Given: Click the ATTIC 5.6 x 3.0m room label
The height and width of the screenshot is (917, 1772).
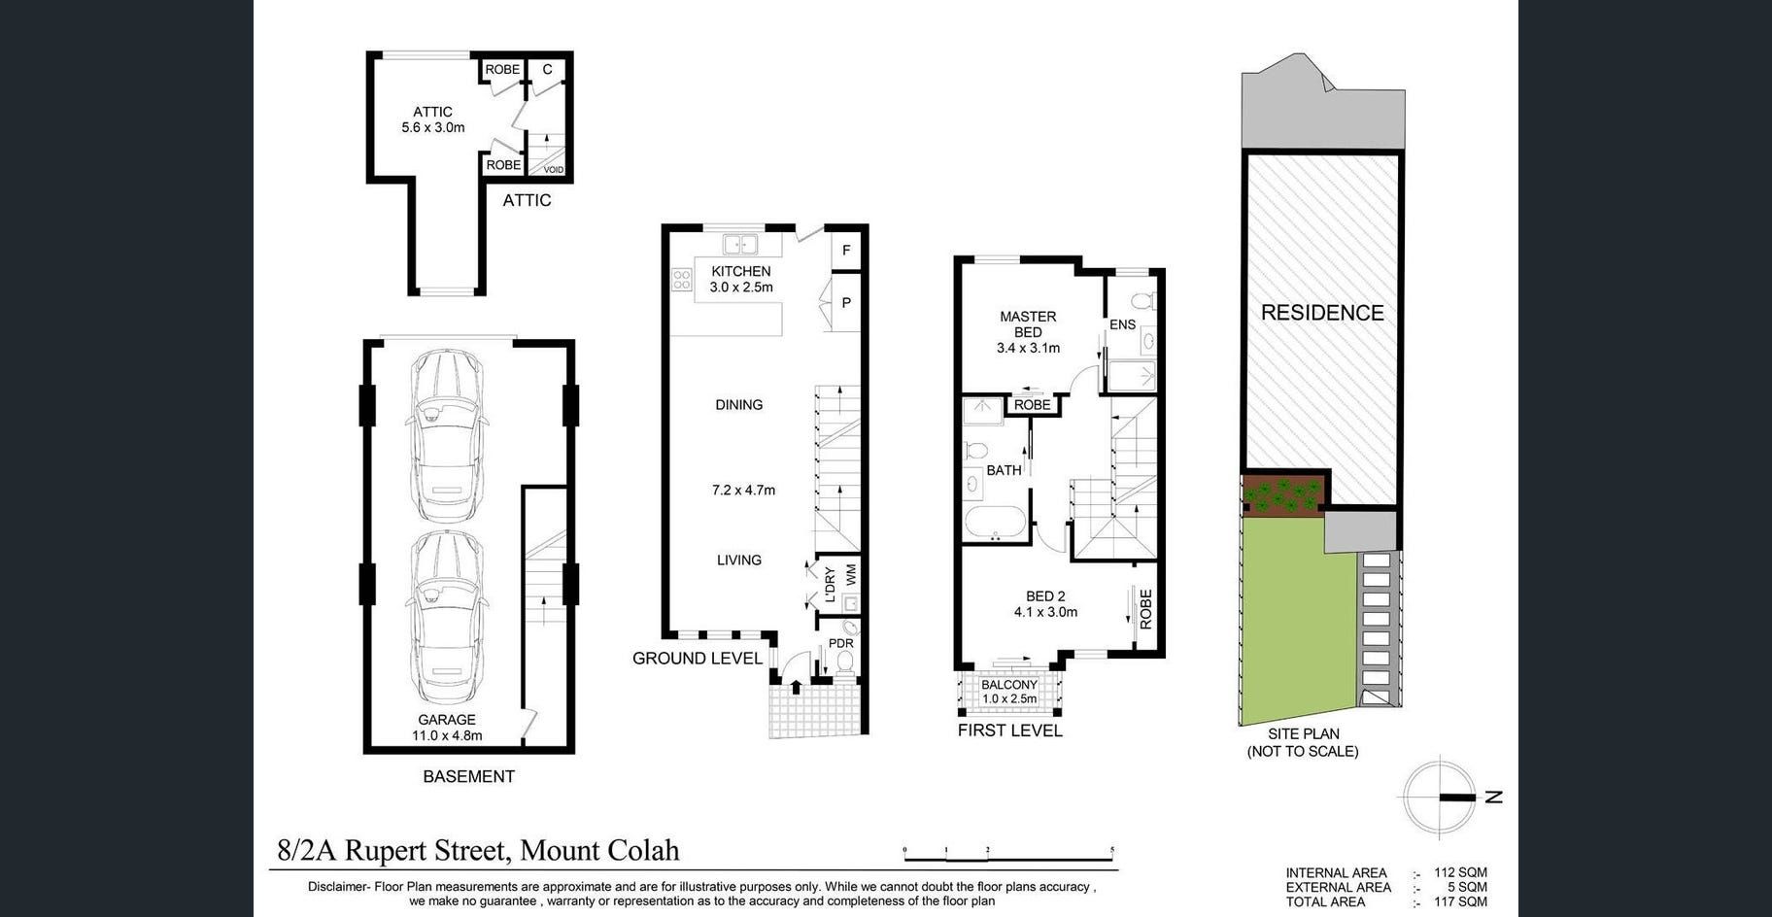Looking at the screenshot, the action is [x=433, y=119].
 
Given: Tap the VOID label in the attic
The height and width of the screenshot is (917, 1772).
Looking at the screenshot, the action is [x=554, y=170].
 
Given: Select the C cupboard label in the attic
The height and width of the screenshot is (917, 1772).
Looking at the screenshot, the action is [x=548, y=69].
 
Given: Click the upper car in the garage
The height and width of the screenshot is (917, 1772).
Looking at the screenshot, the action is [x=446, y=436].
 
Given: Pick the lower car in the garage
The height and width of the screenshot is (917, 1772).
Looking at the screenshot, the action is [x=446, y=616].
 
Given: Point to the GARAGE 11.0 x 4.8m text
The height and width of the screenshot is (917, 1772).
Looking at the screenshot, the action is [x=447, y=728].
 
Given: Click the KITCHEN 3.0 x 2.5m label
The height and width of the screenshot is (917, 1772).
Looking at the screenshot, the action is [x=741, y=279].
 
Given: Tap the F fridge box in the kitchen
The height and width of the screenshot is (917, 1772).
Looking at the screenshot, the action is [x=846, y=250].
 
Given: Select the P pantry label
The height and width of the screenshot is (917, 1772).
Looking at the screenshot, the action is [x=846, y=303].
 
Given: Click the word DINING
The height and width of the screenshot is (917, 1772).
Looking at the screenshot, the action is [x=739, y=405].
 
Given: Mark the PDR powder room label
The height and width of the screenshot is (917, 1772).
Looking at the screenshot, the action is [x=841, y=643].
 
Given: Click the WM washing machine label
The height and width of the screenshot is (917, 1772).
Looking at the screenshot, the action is [x=851, y=574].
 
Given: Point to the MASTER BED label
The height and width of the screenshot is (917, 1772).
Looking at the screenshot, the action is [x=1028, y=323].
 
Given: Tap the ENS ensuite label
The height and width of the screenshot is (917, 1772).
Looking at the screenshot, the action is [x=1122, y=324].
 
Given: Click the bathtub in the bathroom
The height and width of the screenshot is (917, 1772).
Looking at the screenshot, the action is [x=995, y=522].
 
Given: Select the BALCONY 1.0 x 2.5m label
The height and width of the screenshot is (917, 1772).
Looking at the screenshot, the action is [x=1009, y=692].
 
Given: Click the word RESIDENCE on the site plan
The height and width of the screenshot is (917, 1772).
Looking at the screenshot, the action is [x=1322, y=313].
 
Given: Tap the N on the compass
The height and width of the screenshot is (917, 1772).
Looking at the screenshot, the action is [x=1494, y=797].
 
